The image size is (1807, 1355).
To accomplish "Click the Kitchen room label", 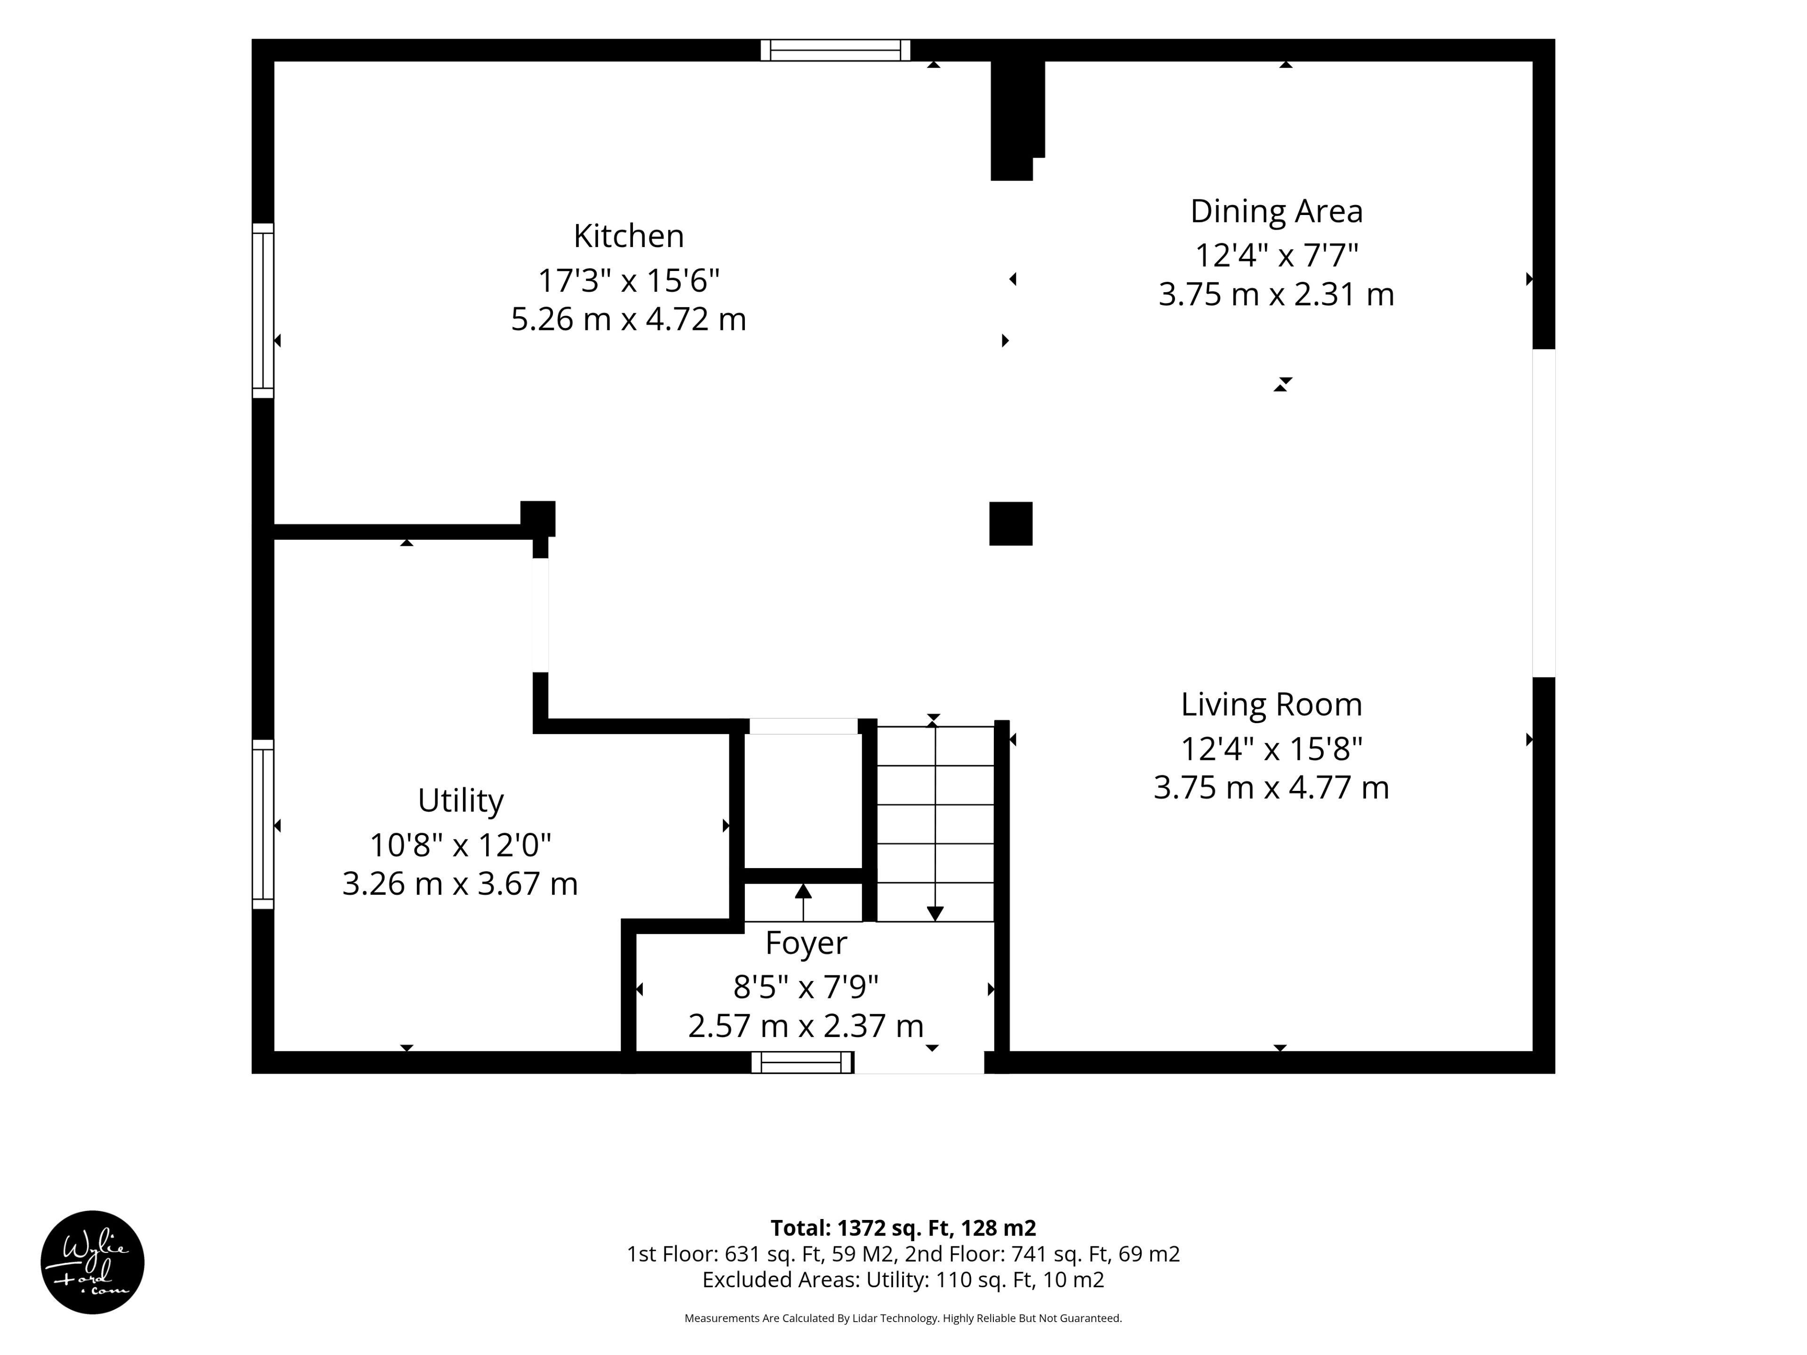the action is point(628,236).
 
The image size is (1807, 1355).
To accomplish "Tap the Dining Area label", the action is point(1276,212).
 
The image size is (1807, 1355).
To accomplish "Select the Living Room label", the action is point(1271,704).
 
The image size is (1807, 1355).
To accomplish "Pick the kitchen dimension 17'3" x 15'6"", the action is point(628,280).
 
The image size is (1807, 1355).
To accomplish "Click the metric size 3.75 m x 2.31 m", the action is point(1276,294).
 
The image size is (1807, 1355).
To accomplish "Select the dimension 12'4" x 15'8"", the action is point(1271,748).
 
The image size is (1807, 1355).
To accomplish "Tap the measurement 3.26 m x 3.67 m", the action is point(460,884).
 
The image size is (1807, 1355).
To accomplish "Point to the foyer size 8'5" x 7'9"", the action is point(806,988).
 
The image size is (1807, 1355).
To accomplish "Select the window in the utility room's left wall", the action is point(263,824).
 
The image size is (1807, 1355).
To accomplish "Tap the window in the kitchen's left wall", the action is point(263,311).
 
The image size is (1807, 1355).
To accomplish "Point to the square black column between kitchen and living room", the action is point(1010,524).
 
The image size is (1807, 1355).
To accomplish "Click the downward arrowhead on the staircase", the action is point(935,913).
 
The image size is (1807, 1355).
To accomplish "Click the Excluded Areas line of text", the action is point(903,1280).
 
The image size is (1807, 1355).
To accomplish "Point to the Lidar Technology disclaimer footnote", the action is point(903,1318).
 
